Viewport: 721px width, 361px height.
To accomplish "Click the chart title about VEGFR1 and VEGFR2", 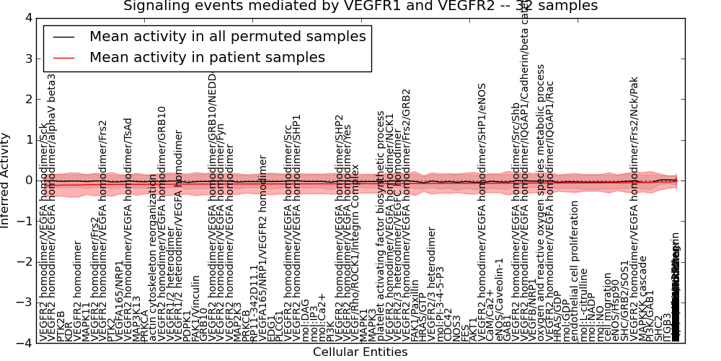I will tap(360, 6).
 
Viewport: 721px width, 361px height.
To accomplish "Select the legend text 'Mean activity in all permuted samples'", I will tap(227, 36).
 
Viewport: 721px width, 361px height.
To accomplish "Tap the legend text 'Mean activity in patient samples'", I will tap(207, 57).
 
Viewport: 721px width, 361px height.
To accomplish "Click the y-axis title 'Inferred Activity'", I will tap(6, 180).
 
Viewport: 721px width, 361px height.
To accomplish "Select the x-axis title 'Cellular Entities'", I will tap(360, 352).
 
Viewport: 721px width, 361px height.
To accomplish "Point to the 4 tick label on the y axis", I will tap(29, 17).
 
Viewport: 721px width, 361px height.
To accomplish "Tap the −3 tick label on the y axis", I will tap(26, 303).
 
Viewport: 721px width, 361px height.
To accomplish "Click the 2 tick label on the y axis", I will tap(29, 99).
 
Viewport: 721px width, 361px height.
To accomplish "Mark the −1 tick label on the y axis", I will tap(26, 221).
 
